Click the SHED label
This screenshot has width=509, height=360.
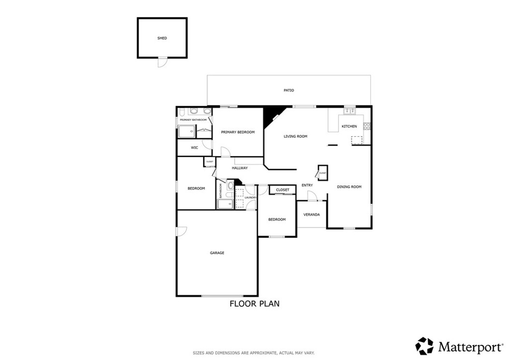pos(162,38)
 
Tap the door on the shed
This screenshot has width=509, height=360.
pos(163,63)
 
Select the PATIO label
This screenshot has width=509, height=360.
pos(289,90)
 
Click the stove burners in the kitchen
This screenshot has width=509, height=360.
pos(367,126)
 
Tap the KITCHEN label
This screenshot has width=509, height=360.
pos(349,126)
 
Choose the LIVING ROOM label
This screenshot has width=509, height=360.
pos(295,136)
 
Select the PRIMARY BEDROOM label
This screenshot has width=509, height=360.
pos(238,132)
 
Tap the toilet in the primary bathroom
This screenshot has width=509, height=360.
pos(182,111)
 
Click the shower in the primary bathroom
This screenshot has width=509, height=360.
pos(186,131)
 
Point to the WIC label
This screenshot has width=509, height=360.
pos(195,148)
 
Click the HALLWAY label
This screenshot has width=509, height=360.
pos(240,168)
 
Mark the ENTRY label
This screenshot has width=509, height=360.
pos(307,185)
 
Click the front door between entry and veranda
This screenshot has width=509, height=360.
pos(312,197)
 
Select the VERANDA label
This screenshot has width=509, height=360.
pos(312,215)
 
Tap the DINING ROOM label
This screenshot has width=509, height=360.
pos(349,187)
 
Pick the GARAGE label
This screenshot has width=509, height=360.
pos(217,253)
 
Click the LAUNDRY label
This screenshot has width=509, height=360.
pos(250,197)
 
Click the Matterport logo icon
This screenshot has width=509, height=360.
pos(424,346)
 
